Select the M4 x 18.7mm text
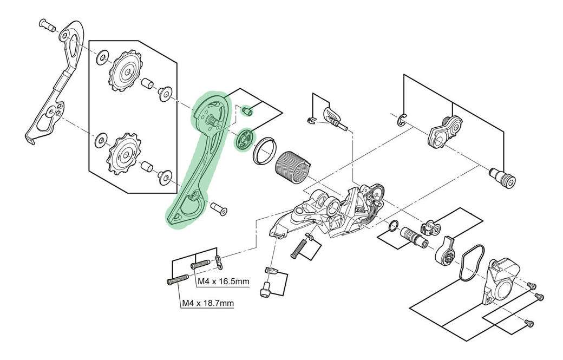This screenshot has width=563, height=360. [x=207, y=303]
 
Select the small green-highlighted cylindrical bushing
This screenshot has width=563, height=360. [x=248, y=110]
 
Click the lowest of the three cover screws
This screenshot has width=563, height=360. [x=529, y=323]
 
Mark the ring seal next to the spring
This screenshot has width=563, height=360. [x=263, y=151]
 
